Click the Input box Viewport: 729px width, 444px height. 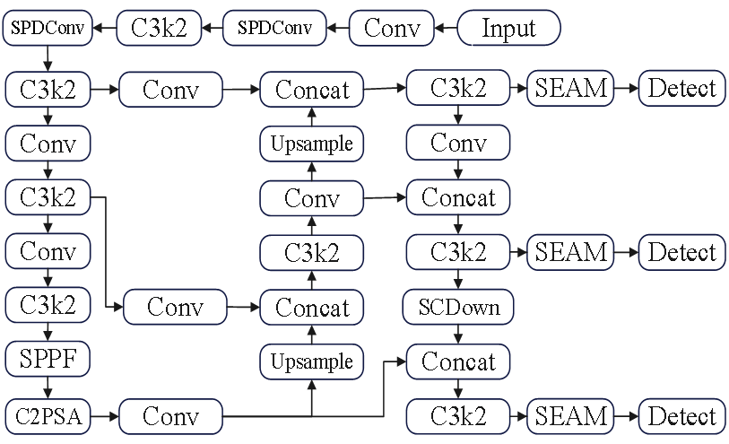(x=508, y=28)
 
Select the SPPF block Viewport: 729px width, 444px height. (x=48, y=361)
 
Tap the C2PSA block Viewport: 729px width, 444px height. (x=48, y=416)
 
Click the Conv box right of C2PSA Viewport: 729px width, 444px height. (x=169, y=416)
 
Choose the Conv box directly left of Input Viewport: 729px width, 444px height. (x=392, y=28)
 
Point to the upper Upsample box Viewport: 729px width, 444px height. (x=312, y=144)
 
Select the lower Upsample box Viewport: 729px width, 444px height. (x=312, y=361)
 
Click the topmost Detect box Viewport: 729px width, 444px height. (x=681, y=88)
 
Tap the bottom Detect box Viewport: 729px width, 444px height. (x=681, y=416)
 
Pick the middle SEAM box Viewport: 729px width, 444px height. (x=571, y=252)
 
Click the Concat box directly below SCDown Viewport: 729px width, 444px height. (x=458, y=361)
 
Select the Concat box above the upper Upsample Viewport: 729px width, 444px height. (x=312, y=89)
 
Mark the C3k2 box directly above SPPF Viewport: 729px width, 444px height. (x=48, y=306)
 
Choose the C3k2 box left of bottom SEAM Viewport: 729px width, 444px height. (x=458, y=416)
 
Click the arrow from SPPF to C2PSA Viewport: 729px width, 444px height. (x=48, y=387)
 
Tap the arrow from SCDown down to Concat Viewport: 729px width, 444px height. (x=458, y=334)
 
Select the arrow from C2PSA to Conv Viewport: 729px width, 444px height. (x=105, y=416)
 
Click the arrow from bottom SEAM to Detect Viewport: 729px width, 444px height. (x=626, y=416)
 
